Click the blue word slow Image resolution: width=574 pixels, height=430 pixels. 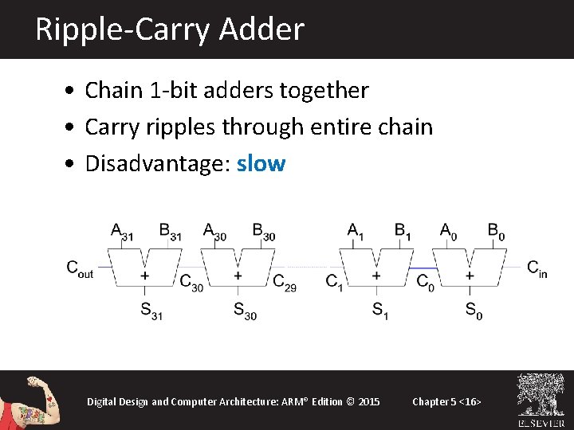[x=261, y=163]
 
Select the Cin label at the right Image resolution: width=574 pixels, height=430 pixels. [x=537, y=268]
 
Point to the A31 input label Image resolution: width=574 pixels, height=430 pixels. [x=122, y=232]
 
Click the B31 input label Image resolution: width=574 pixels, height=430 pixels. [x=169, y=232]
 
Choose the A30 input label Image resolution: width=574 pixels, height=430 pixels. [x=214, y=232]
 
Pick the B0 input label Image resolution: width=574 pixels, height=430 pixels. [x=496, y=232]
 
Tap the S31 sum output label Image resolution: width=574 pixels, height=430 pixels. [x=151, y=311]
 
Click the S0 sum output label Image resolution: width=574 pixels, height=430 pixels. [x=473, y=309]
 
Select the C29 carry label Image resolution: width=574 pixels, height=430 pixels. [x=285, y=282]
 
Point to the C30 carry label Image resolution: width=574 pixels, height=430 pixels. [x=191, y=282]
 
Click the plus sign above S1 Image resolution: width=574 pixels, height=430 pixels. [x=376, y=276]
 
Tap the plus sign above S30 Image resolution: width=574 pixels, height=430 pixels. [x=238, y=276]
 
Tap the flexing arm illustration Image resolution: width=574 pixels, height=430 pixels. [x=32, y=402]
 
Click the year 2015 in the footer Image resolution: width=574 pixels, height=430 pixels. [x=368, y=401]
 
